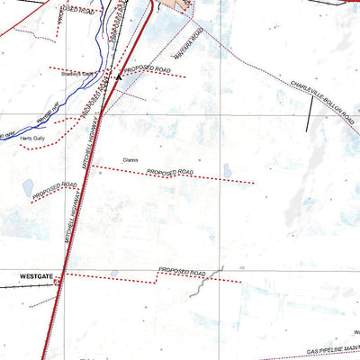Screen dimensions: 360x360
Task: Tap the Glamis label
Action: [x=130, y=159]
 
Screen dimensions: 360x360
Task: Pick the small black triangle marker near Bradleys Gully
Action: [x=117, y=77]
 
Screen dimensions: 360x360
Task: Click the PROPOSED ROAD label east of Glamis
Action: [x=172, y=171]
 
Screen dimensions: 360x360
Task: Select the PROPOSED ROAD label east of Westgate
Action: [x=183, y=271]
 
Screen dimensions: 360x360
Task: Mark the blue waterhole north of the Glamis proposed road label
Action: [x=227, y=167]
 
